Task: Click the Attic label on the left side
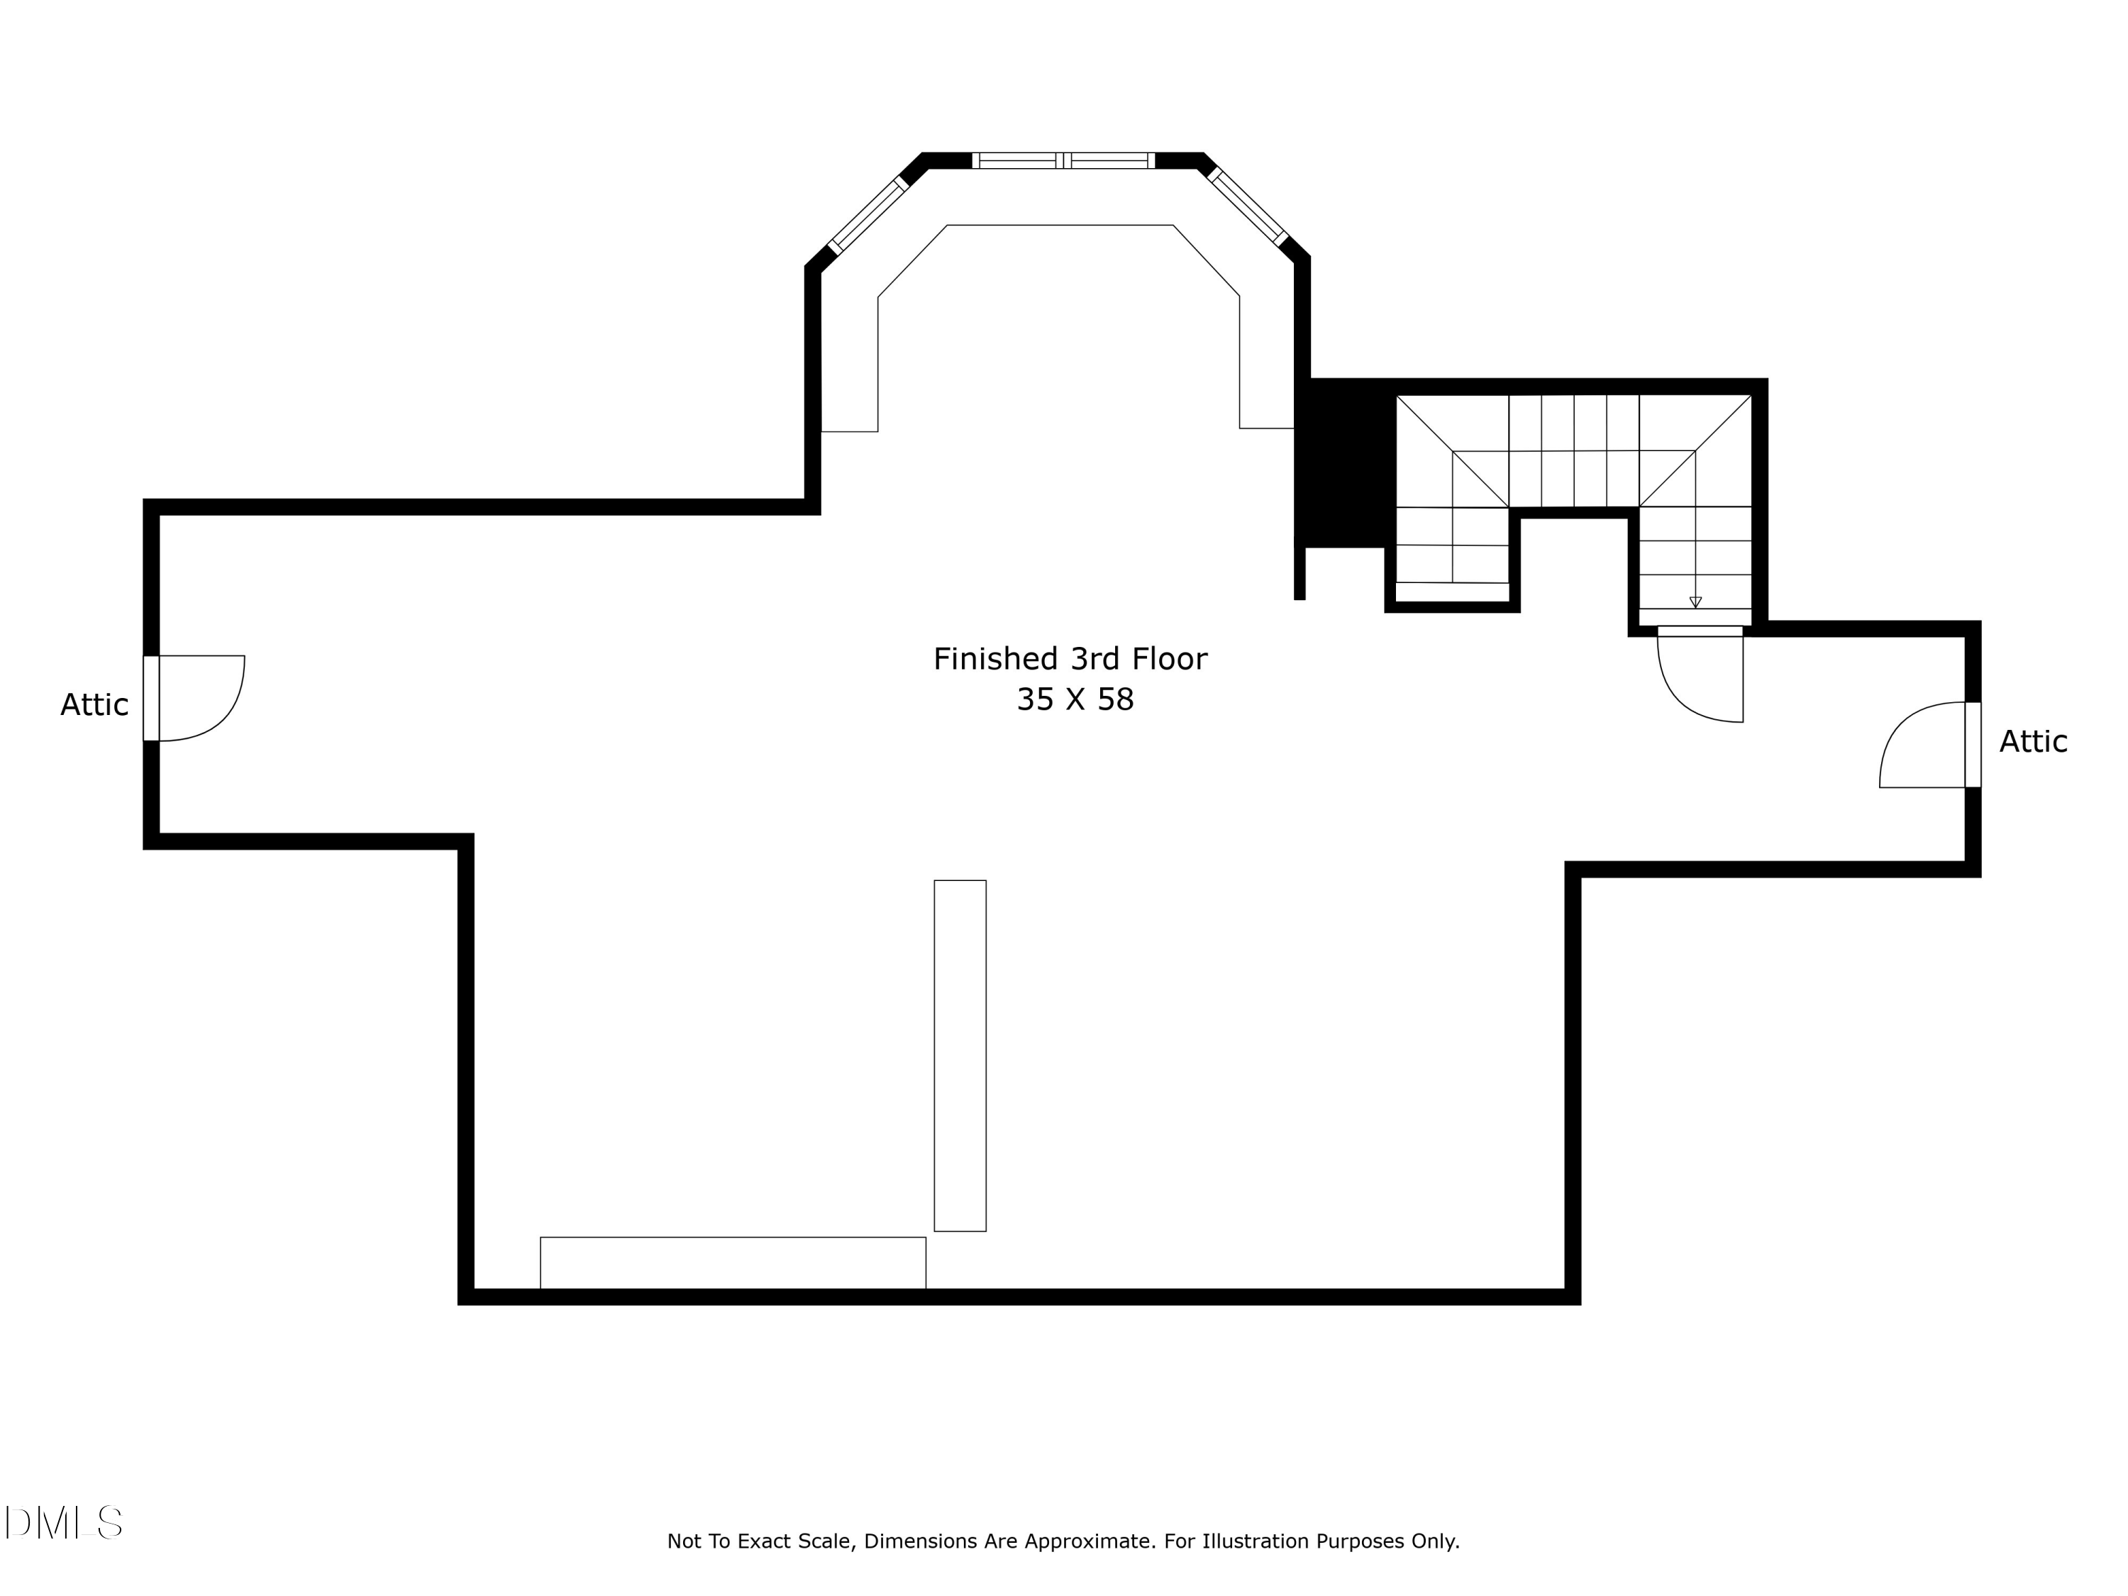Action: (94, 705)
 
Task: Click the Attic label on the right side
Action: (2033, 742)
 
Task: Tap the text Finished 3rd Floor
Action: (1070, 659)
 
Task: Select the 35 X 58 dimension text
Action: (1075, 699)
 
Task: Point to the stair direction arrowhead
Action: (1695, 602)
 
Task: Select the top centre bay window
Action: (1063, 160)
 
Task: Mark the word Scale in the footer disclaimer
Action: (826, 1541)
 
